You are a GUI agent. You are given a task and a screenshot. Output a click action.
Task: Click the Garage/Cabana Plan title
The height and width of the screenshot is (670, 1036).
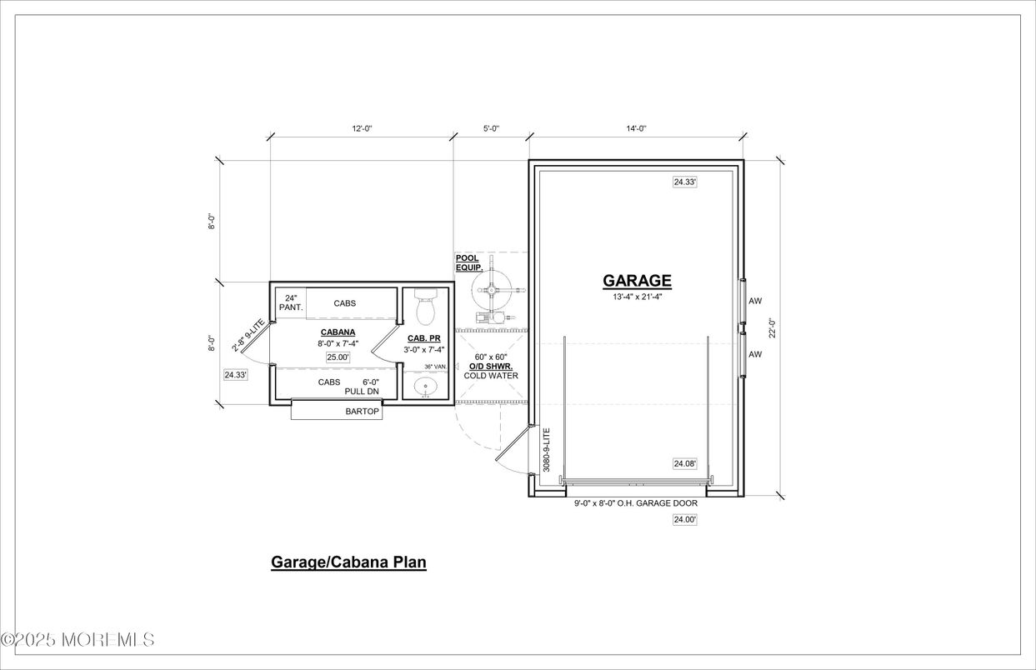click(348, 562)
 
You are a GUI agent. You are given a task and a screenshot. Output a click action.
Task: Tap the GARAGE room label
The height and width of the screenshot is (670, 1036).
click(637, 281)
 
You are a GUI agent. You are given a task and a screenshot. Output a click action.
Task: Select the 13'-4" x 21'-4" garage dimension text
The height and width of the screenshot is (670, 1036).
click(637, 297)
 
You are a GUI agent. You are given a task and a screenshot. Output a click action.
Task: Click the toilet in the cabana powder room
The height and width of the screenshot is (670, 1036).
click(425, 307)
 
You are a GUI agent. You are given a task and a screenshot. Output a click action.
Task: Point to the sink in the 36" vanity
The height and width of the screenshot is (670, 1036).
click(426, 387)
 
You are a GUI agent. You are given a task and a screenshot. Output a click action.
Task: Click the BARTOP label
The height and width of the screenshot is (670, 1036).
click(362, 412)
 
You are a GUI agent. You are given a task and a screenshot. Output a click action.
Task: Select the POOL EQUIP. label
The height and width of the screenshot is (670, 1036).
click(468, 263)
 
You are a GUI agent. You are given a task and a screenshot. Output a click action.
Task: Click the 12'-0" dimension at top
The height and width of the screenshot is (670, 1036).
click(362, 128)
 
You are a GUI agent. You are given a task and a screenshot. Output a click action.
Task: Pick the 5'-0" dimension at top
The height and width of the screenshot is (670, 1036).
click(491, 128)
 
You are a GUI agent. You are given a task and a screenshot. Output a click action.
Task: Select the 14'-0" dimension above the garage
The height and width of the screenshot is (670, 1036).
click(635, 128)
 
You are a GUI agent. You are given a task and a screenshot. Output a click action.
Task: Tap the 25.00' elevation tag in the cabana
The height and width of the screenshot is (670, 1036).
click(338, 357)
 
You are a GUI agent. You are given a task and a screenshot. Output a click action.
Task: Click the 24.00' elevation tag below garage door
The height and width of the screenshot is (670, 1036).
click(684, 520)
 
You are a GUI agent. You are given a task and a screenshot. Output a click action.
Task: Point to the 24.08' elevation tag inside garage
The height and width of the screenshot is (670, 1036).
click(685, 463)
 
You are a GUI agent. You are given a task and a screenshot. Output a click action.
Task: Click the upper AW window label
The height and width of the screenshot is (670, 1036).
click(755, 301)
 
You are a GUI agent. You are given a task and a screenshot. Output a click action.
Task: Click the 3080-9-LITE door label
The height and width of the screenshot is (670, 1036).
click(547, 450)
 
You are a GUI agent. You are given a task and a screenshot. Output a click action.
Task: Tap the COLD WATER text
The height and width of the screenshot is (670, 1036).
click(491, 376)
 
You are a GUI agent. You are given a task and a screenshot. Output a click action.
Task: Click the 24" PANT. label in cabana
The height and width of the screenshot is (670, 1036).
click(291, 302)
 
